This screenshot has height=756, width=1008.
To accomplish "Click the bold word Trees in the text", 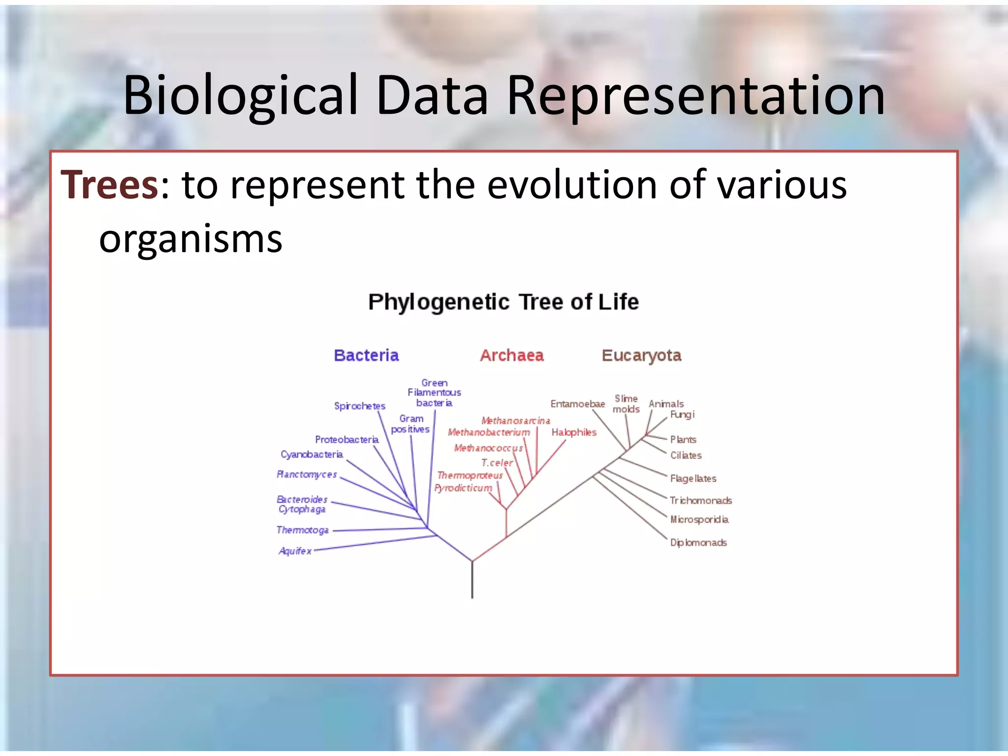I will (109, 185).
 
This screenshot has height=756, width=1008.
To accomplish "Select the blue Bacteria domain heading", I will (366, 355).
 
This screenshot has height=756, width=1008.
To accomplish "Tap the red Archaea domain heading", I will (512, 355).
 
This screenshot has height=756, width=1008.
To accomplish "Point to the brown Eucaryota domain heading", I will (641, 355).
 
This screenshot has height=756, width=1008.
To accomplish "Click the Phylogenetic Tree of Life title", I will (504, 302).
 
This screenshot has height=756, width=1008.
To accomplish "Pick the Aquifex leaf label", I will (295, 551).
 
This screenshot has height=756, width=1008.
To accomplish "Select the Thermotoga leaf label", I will (302, 530).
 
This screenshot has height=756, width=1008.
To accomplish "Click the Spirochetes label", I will (359, 406).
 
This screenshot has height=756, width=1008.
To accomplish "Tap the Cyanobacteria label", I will (312, 454).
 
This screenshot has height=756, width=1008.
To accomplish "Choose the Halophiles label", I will (574, 432).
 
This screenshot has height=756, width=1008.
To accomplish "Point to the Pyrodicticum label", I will (463, 488).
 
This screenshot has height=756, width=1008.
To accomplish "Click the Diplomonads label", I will (698, 542).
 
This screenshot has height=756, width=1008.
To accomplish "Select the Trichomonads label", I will (701, 501).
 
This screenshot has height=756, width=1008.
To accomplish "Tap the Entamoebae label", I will (577, 404).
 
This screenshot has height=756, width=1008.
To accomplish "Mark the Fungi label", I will (682, 414).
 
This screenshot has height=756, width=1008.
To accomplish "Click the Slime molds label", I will (626, 404).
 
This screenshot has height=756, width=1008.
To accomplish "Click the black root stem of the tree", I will (472, 581).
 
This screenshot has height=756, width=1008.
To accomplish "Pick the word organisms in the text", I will (190, 240).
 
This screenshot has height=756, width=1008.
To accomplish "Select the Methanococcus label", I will (488, 448).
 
